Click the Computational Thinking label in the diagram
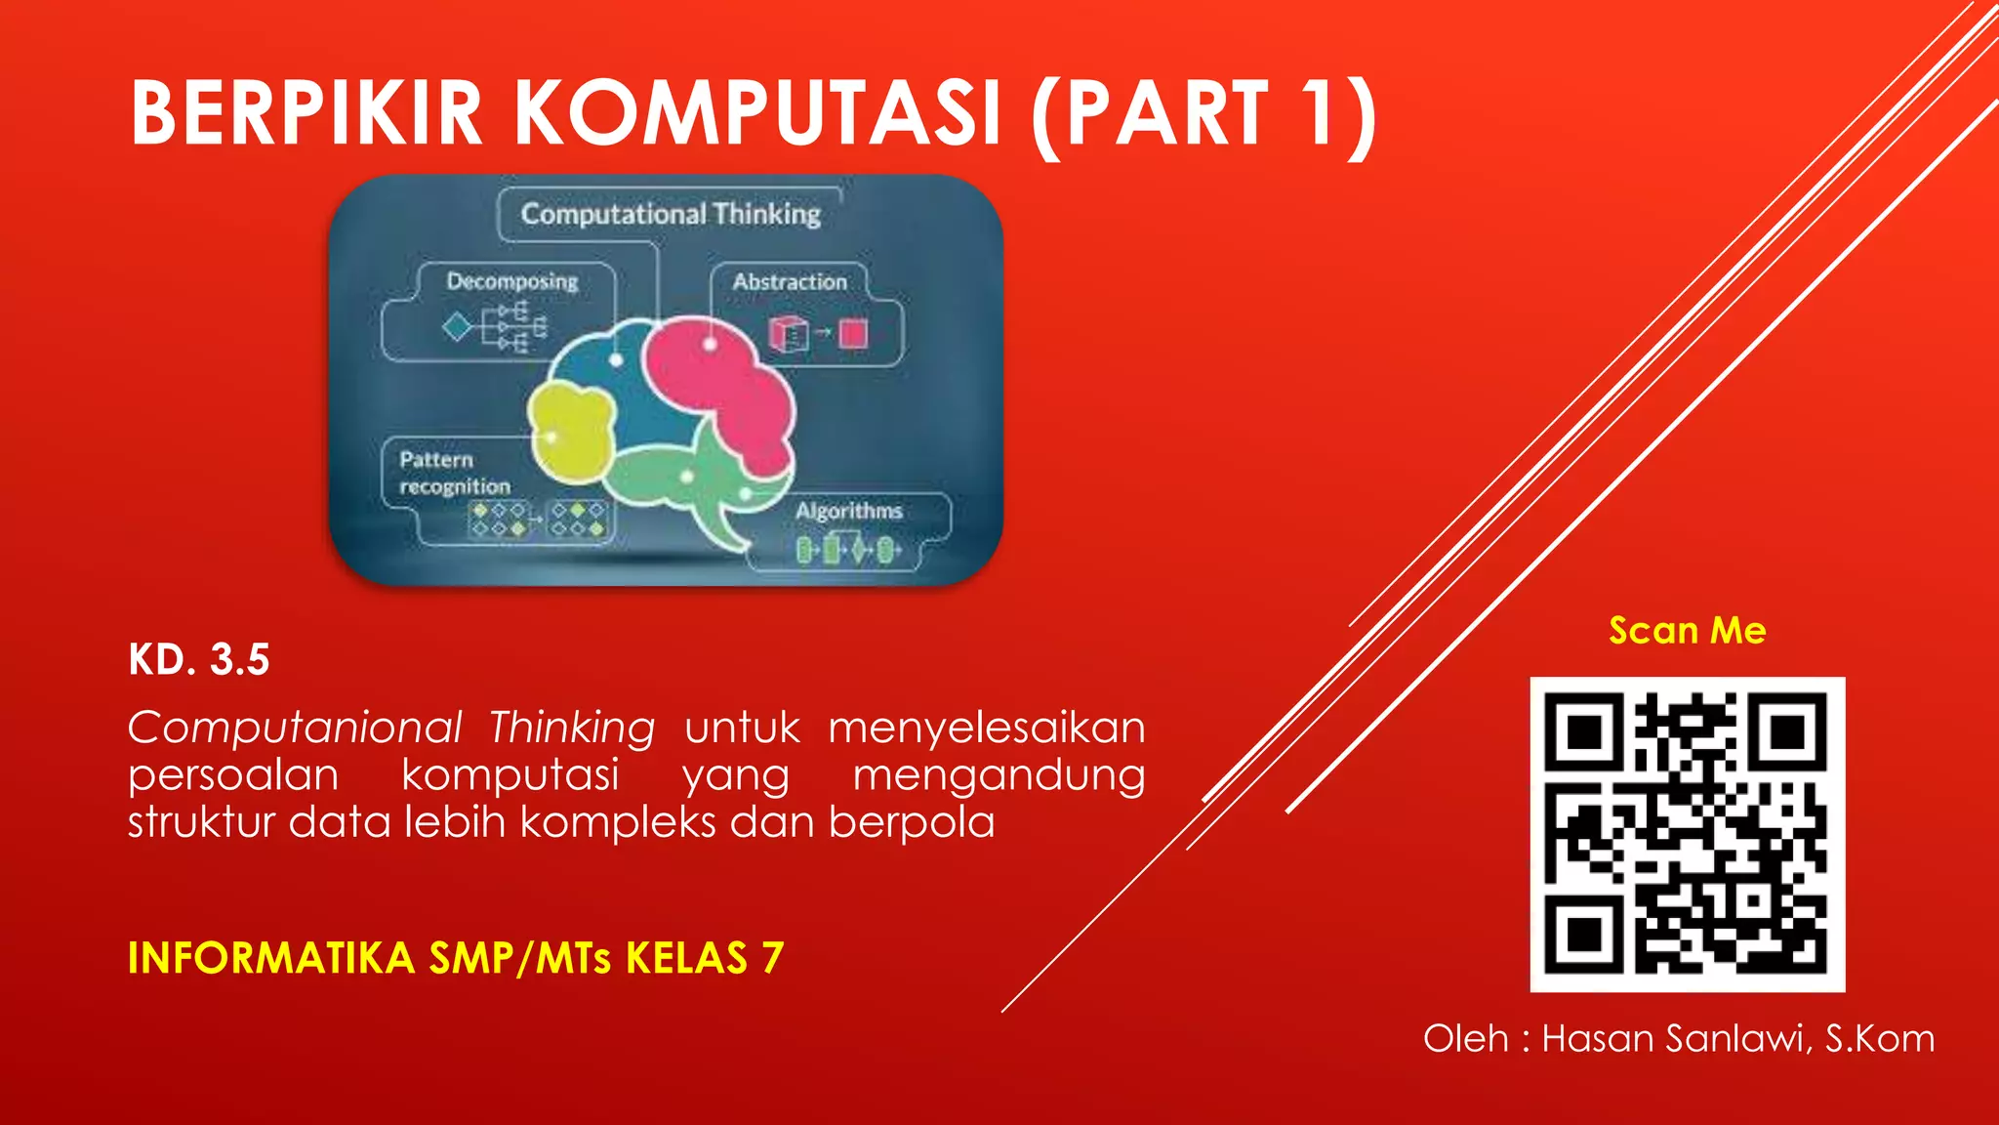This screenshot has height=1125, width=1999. pyautogui.click(x=671, y=213)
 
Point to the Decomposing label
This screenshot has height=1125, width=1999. pyautogui.click(x=512, y=281)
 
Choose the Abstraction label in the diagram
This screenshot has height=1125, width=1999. pyautogui.click(x=790, y=281)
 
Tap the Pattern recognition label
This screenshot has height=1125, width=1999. pyautogui.click(x=454, y=473)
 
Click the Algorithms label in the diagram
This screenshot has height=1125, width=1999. pyautogui.click(x=848, y=511)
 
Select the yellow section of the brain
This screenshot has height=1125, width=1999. pyautogui.click(x=571, y=435)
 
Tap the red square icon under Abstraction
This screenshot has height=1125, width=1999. pyautogui.click(x=853, y=334)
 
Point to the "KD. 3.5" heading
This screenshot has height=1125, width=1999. pyautogui.click(x=199, y=659)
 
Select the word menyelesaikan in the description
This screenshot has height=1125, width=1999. pyautogui.click(x=986, y=728)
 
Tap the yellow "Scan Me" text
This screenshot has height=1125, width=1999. pyautogui.click(x=1687, y=631)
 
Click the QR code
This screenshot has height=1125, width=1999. pyautogui.click(x=1687, y=834)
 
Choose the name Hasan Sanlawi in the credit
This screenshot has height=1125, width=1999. pyautogui.click(x=1676, y=1038)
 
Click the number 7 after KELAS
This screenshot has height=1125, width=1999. pyautogui.click(x=773, y=958)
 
